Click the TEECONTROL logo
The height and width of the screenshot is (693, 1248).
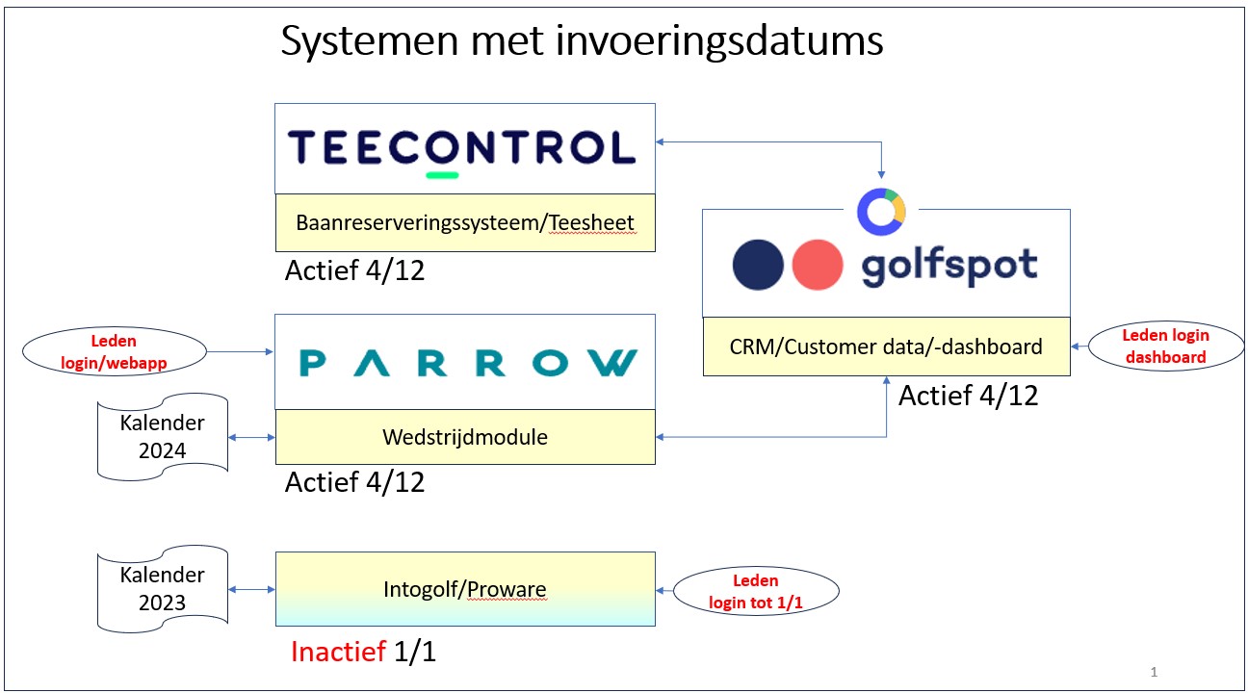(461, 149)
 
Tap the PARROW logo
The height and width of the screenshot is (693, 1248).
(468, 363)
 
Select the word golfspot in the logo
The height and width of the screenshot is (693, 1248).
(949, 267)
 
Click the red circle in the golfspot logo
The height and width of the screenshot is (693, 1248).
(817, 265)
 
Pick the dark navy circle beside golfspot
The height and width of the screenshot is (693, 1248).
(758, 265)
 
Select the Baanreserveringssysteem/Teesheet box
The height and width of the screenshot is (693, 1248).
(465, 223)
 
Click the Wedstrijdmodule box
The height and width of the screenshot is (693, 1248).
(465, 437)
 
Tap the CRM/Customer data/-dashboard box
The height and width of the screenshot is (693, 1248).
(887, 346)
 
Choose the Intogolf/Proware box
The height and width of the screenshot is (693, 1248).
(465, 589)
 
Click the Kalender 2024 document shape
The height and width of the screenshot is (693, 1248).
(162, 437)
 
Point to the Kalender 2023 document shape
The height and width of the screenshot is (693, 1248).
(162, 589)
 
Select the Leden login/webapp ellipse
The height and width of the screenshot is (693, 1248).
(115, 351)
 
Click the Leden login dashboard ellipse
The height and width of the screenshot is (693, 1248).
(1165, 346)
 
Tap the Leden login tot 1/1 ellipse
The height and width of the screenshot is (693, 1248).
(756, 591)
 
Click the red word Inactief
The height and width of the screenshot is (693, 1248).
(338, 652)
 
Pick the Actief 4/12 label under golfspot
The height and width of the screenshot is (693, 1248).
(969, 396)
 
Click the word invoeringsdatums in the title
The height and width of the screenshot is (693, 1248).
(719, 41)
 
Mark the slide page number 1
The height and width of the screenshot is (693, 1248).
(1154, 672)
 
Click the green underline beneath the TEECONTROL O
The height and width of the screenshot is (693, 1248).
(442, 175)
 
